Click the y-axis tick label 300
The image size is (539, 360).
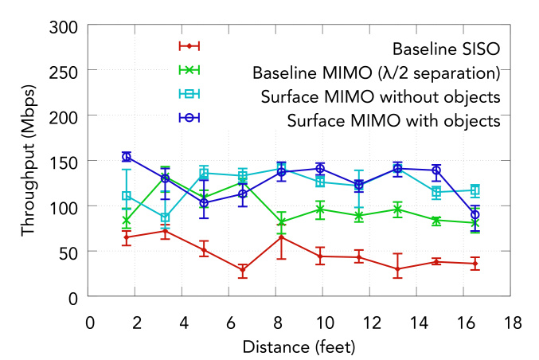tap(61, 26)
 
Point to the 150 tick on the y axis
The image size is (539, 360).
tap(61, 162)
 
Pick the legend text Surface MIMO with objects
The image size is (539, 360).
tap(393, 121)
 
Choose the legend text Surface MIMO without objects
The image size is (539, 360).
tap(381, 97)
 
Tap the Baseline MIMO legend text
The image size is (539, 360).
tap(376, 73)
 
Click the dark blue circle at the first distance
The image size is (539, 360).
tap(127, 157)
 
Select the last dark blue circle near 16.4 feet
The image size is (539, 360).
tap(475, 215)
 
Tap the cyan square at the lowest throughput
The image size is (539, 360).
tap(166, 217)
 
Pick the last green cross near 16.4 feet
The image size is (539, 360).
tap(475, 224)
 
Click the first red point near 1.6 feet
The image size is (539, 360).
tap(127, 237)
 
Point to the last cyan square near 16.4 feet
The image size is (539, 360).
tap(475, 190)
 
